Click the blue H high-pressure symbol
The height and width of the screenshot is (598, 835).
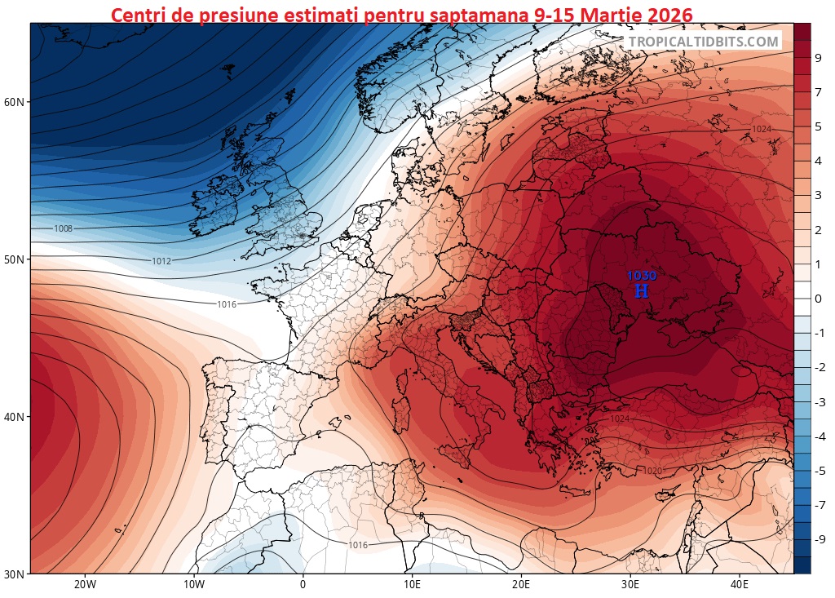642,291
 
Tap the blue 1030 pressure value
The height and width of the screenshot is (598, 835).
642,276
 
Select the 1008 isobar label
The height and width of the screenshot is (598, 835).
64,229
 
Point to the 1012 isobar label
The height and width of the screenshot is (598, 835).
161,261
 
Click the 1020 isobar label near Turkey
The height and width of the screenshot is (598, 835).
652,471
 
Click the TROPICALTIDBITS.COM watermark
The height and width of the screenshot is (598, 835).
704,42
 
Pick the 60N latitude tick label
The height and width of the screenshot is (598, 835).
15,102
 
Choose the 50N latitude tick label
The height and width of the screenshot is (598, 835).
15,259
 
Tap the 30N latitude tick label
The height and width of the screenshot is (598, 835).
15,574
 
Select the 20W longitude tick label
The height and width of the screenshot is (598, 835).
85,585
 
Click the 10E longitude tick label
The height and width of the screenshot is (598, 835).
412,585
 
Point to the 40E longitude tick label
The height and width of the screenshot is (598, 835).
740,585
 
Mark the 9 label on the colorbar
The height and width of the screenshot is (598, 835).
817,57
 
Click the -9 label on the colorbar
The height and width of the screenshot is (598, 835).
819,538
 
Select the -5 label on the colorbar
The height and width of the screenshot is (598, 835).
819,471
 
